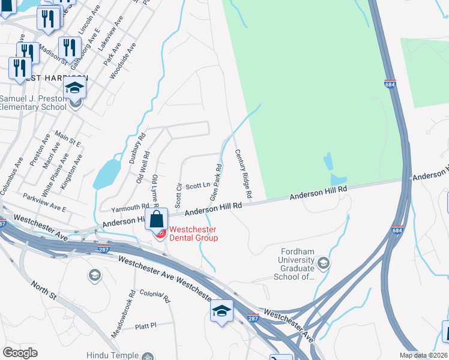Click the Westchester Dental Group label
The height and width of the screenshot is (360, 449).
tap(193, 233)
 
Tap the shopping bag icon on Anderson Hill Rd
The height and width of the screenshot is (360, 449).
tap(156, 219)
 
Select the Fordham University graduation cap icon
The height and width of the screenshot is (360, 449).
tap(324, 263)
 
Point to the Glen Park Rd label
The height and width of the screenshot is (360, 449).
tap(216, 182)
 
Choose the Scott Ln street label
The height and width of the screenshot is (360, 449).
tap(197, 187)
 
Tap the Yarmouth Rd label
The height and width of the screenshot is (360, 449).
tap(130, 208)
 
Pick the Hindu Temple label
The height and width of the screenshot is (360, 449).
tap(112, 355)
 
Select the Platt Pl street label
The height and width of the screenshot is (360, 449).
tap(145, 325)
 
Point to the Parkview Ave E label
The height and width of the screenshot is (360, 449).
tap(44, 201)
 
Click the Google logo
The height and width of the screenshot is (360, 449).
tap(20, 353)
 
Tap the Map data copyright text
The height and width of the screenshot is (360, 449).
tap(424, 355)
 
